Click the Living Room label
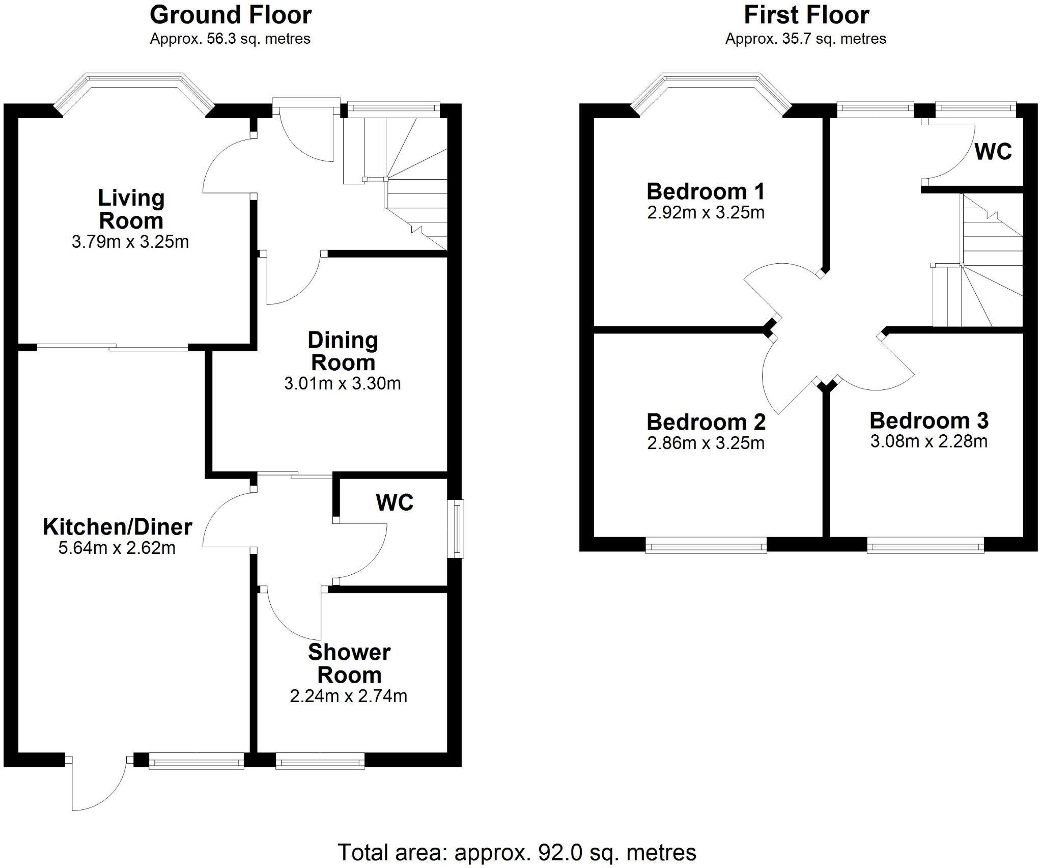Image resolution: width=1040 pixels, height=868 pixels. coord(131,209)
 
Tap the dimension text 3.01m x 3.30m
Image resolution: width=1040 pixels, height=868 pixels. coord(342,383)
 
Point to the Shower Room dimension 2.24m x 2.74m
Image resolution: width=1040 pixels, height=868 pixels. coord(348,695)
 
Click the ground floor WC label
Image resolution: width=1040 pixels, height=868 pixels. coord(395,502)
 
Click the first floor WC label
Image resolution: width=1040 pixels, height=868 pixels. coord(993,152)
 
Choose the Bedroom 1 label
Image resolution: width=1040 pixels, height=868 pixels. coord(706,191)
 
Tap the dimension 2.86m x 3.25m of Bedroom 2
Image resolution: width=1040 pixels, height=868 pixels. coord(706,443)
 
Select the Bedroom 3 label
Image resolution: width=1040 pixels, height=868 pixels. coord(929,421)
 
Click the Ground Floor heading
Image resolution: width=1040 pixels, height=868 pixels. coord(230,15)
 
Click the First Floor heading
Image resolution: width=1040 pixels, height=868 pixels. coord(806,15)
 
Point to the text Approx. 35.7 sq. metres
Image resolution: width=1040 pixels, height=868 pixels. coord(805,39)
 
